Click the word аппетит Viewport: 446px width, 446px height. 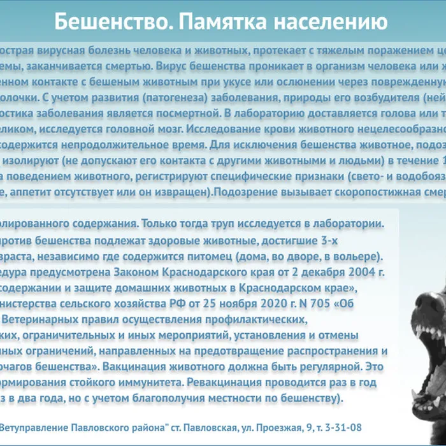click(x=45, y=191)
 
